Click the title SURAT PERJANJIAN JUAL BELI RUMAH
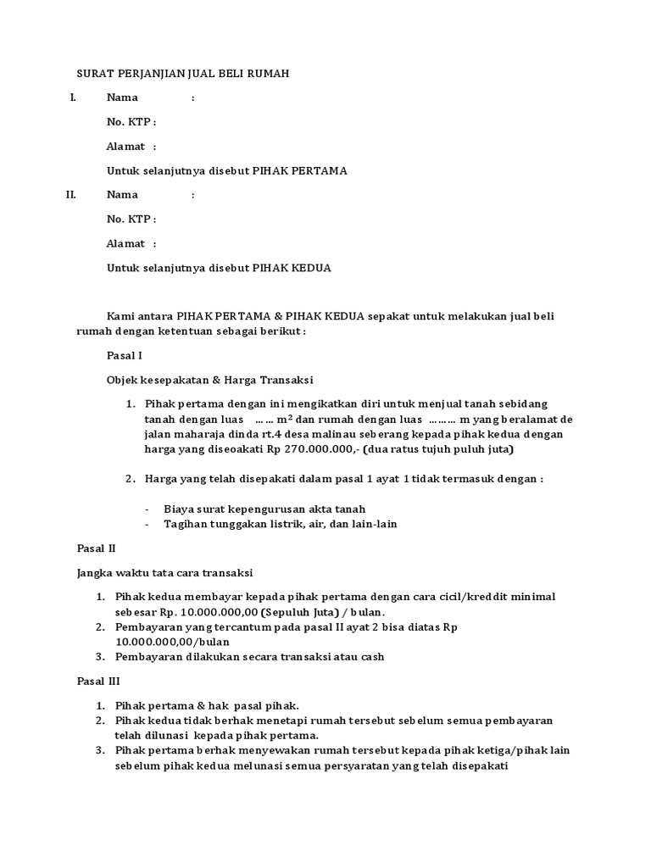point(183,74)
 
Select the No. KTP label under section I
point(131,122)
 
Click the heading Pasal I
point(125,355)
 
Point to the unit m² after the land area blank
point(283,419)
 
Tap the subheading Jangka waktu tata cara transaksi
point(164,572)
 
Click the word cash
point(370,657)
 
